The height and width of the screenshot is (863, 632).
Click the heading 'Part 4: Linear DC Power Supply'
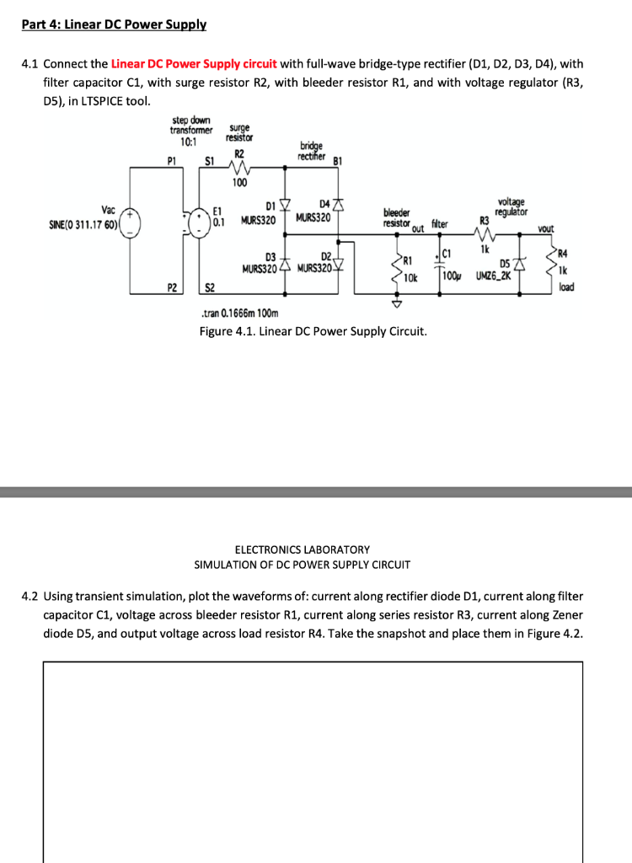tap(114, 24)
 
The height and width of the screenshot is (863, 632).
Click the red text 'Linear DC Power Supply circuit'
tap(194, 64)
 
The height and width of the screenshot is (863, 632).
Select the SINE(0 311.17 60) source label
tap(83, 225)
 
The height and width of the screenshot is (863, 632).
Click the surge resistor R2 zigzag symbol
tap(238, 168)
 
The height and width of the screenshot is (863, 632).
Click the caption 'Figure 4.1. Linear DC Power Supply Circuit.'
tap(313, 331)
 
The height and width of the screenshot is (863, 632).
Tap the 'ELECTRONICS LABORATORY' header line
tap(302, 549)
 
